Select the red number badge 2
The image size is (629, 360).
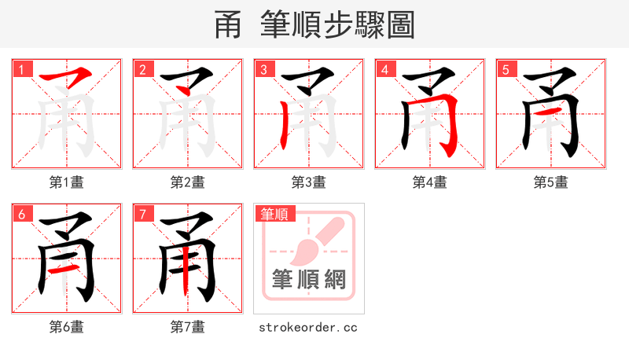[x=142, y=69]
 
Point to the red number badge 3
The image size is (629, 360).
[x=263, y=69]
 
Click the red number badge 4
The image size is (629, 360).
[x=384, y=69]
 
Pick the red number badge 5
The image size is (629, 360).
[x=506, y=69]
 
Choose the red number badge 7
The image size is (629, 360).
[x=142, y=214]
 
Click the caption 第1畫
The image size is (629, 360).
[x=67, y=182]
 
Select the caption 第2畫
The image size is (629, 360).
[x=188, y=182]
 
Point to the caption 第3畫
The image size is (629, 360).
[x=309, y=182]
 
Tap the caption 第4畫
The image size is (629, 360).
[x=430, y=182]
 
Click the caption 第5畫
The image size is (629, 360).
[x=551, y=182]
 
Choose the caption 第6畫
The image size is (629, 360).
[x=67, y=327]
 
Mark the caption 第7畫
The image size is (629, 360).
[x=188, y=327]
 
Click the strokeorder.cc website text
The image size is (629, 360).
[x=309, y=327]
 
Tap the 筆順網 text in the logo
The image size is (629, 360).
[x=309, y=280]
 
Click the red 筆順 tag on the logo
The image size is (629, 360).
[x=274, y=214]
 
